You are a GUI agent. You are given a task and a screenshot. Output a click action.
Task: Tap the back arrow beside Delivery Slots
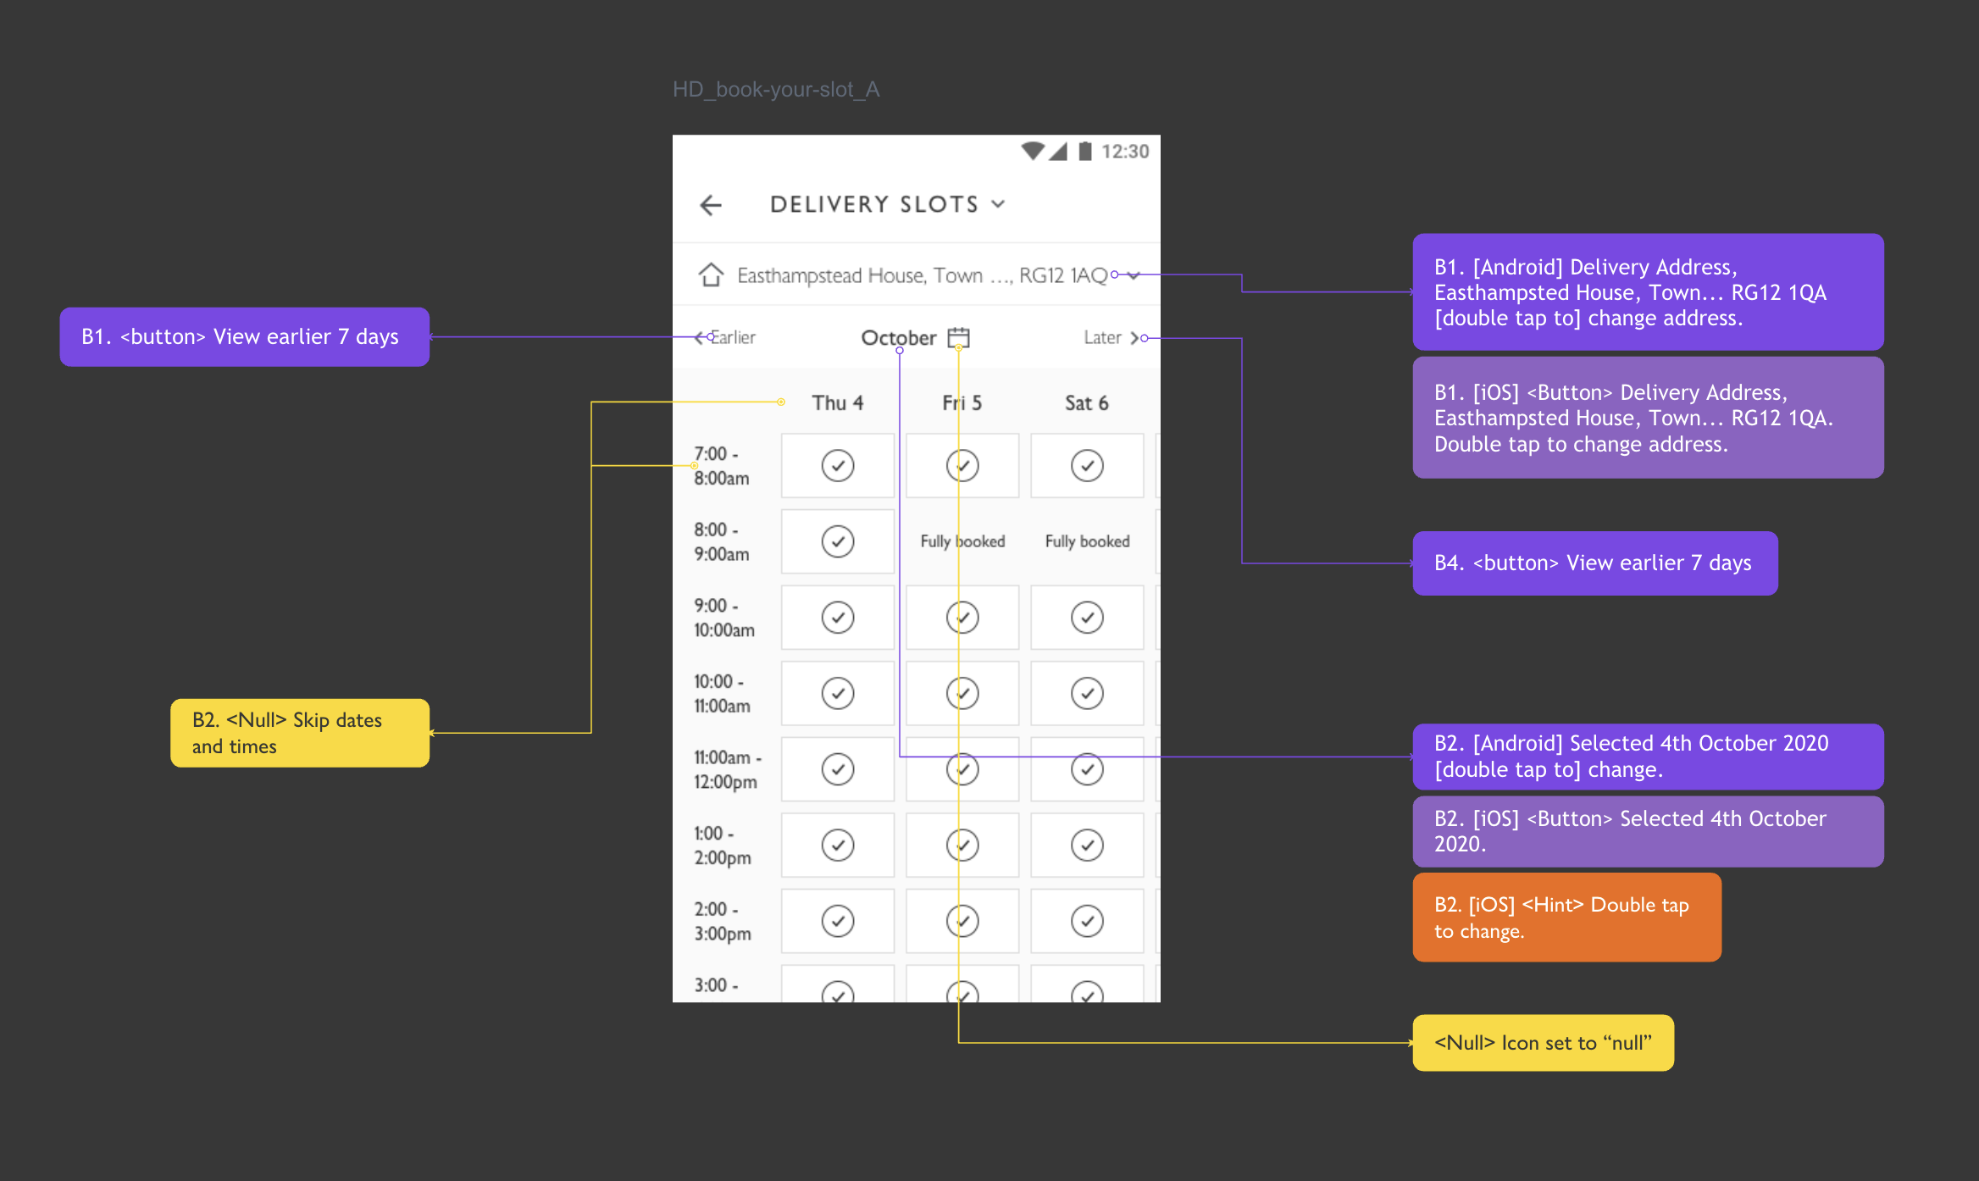point(711,205)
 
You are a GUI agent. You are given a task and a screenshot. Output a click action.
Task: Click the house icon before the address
point(711,274)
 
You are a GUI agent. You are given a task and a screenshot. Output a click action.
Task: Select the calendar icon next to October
point(958,337)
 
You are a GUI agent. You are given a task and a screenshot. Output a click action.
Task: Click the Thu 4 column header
point(837,403)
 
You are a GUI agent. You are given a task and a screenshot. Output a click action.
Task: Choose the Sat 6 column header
point(1086,403)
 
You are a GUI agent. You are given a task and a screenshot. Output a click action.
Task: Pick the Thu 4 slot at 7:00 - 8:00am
point(837,465)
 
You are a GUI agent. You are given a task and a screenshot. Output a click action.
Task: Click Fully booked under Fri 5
point(962,541)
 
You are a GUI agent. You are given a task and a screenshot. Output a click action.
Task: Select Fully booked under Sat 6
point(1087,541)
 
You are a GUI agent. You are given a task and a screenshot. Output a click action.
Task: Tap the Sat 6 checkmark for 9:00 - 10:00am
point(1087,617)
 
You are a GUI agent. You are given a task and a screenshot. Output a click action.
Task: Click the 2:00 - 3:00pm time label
point(723,921)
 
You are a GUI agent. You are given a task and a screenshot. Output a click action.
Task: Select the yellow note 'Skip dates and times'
point(300,733)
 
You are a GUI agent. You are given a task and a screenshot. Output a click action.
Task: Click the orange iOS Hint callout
point(1566,918)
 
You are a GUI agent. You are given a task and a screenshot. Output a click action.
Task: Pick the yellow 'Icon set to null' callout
point(1543,1043)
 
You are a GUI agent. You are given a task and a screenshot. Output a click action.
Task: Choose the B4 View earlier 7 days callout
point(1594,563)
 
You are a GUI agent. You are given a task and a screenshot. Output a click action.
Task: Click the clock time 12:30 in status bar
point(1125,152)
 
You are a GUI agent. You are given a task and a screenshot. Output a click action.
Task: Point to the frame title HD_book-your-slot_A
point(776,89)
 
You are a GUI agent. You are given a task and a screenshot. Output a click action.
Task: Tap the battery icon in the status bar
point(1084,152)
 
